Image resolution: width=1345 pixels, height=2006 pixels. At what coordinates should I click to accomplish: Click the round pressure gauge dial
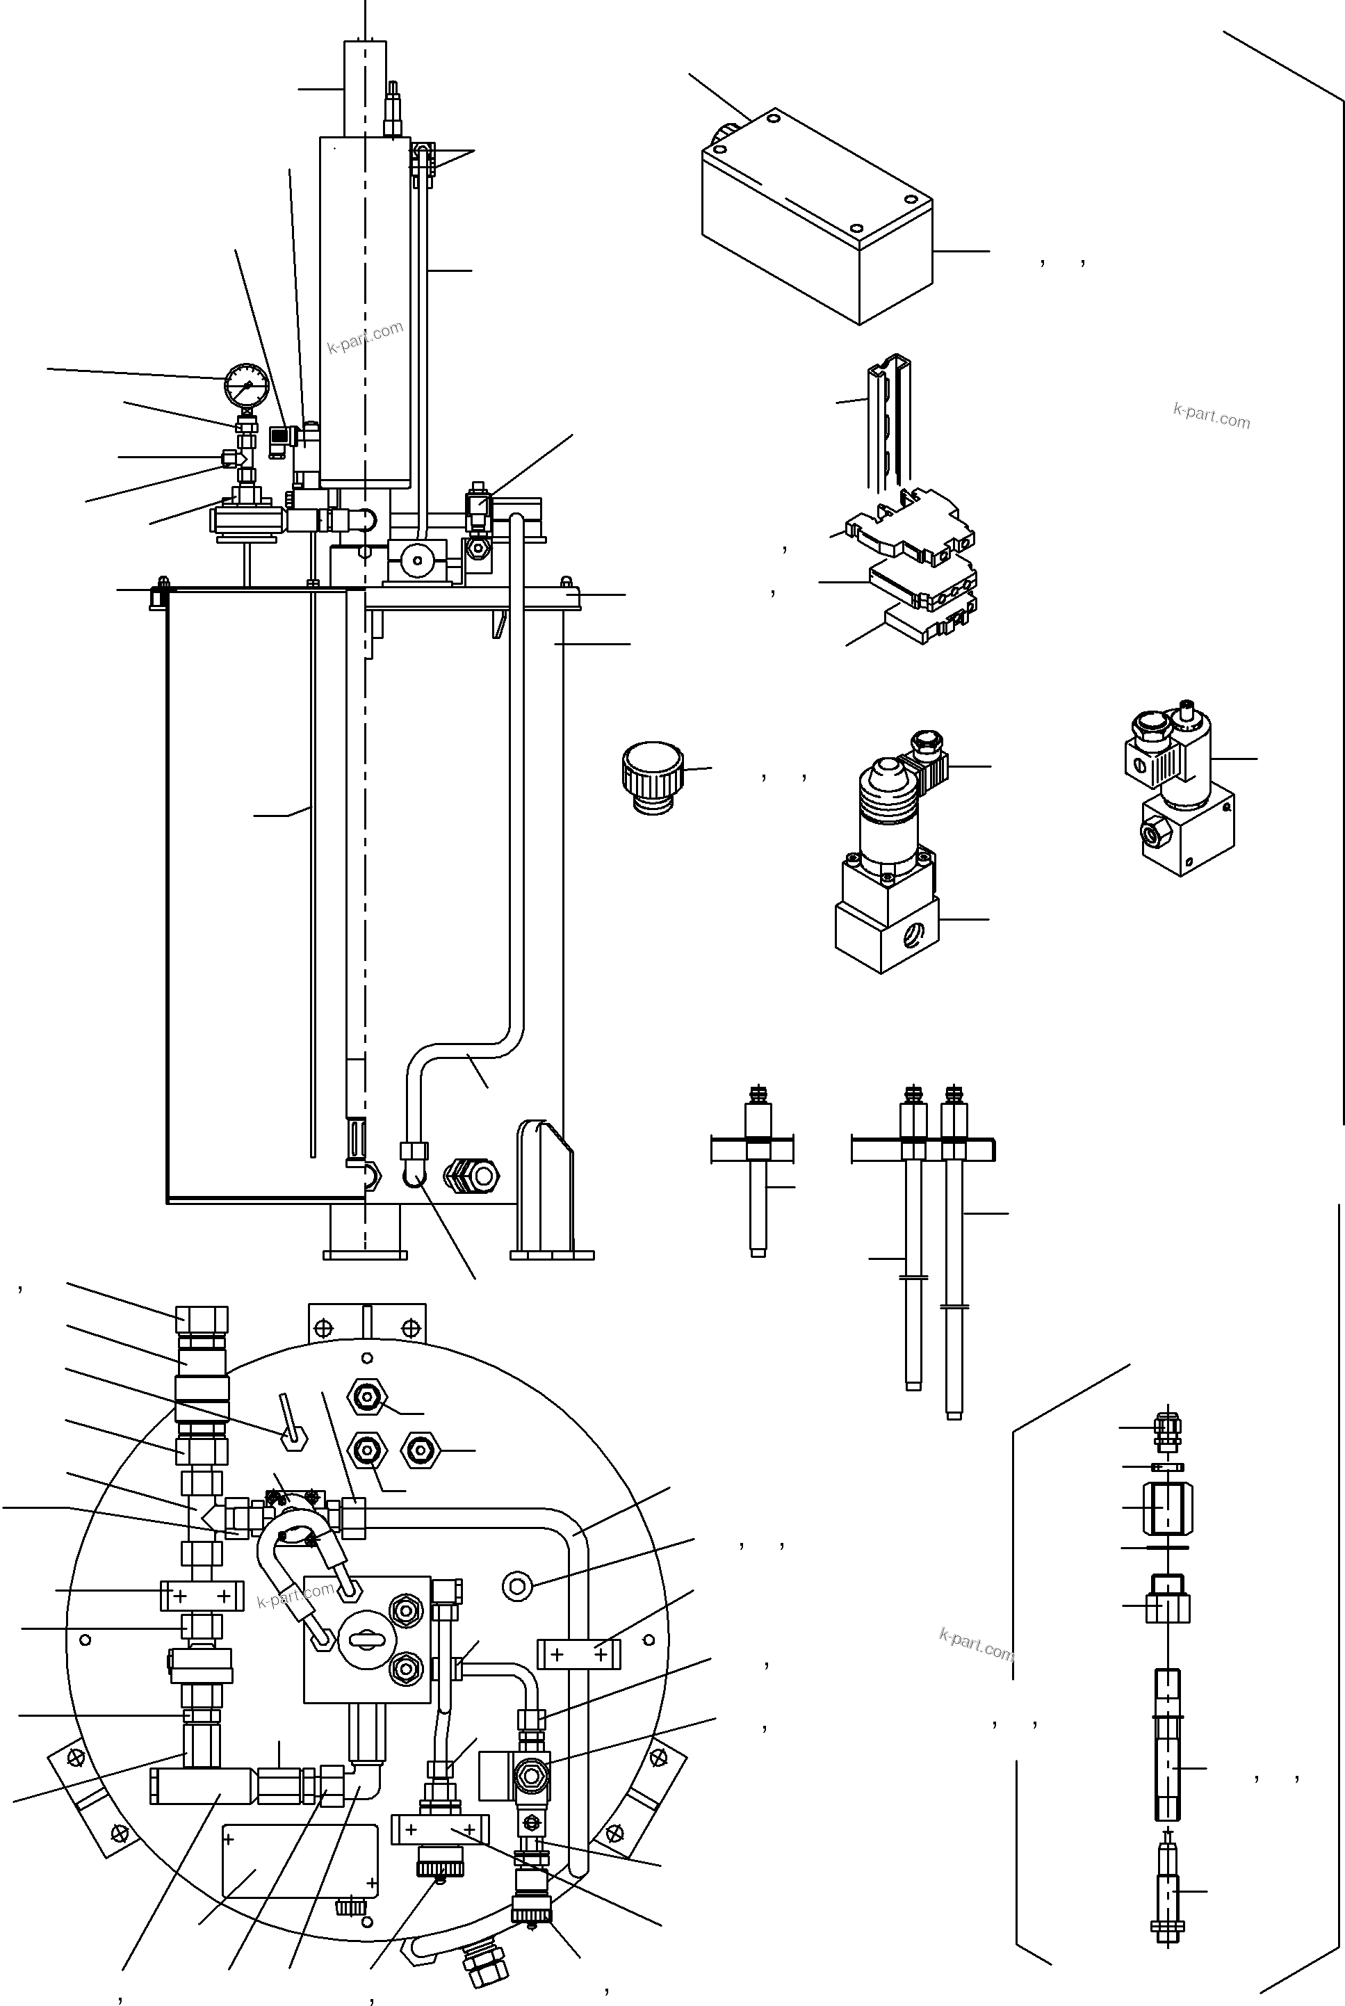pos(246,385)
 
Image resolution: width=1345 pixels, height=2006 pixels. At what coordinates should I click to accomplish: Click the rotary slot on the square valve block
pos(366,1640)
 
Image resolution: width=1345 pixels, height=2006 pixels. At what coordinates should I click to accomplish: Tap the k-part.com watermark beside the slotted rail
pos(1211,416)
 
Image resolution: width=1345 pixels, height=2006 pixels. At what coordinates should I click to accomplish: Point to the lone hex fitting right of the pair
pos(419,1450)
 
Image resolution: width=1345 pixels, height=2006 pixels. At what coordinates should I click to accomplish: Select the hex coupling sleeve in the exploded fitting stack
pos(1168,1507)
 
